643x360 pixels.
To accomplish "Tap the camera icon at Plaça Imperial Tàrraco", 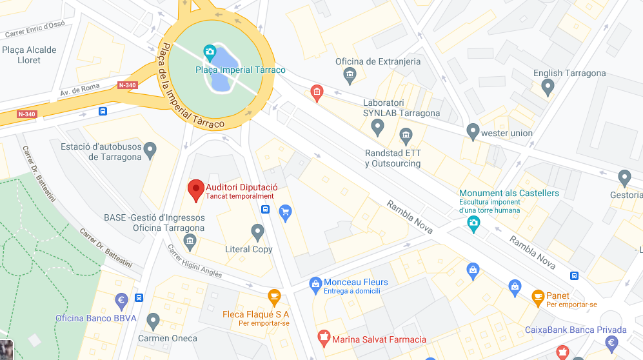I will (x=209, y=52).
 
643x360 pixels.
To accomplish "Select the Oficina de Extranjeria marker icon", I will (x=350, y=76).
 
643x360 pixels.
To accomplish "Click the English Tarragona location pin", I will (x=548, y=87).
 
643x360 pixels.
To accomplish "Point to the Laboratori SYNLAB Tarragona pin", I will (x=378, y=127).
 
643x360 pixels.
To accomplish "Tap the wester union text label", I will (x=507, y=133).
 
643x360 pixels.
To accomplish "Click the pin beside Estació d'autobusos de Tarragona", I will (x=150, y=151).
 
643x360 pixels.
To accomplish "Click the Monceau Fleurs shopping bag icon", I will (x=315, y=283).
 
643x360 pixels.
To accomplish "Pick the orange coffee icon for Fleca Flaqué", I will (x=274, y=297).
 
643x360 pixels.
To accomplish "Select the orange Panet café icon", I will (x=538, y=297).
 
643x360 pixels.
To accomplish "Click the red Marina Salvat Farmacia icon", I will (x=324, y=337).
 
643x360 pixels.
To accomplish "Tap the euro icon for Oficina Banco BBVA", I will (x=121, y=301).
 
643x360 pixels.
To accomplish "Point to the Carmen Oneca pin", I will (x=153, y=320).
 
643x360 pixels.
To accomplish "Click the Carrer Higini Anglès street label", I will (x=194, y=261).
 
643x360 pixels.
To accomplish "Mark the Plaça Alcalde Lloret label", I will (x=29, y=55).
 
